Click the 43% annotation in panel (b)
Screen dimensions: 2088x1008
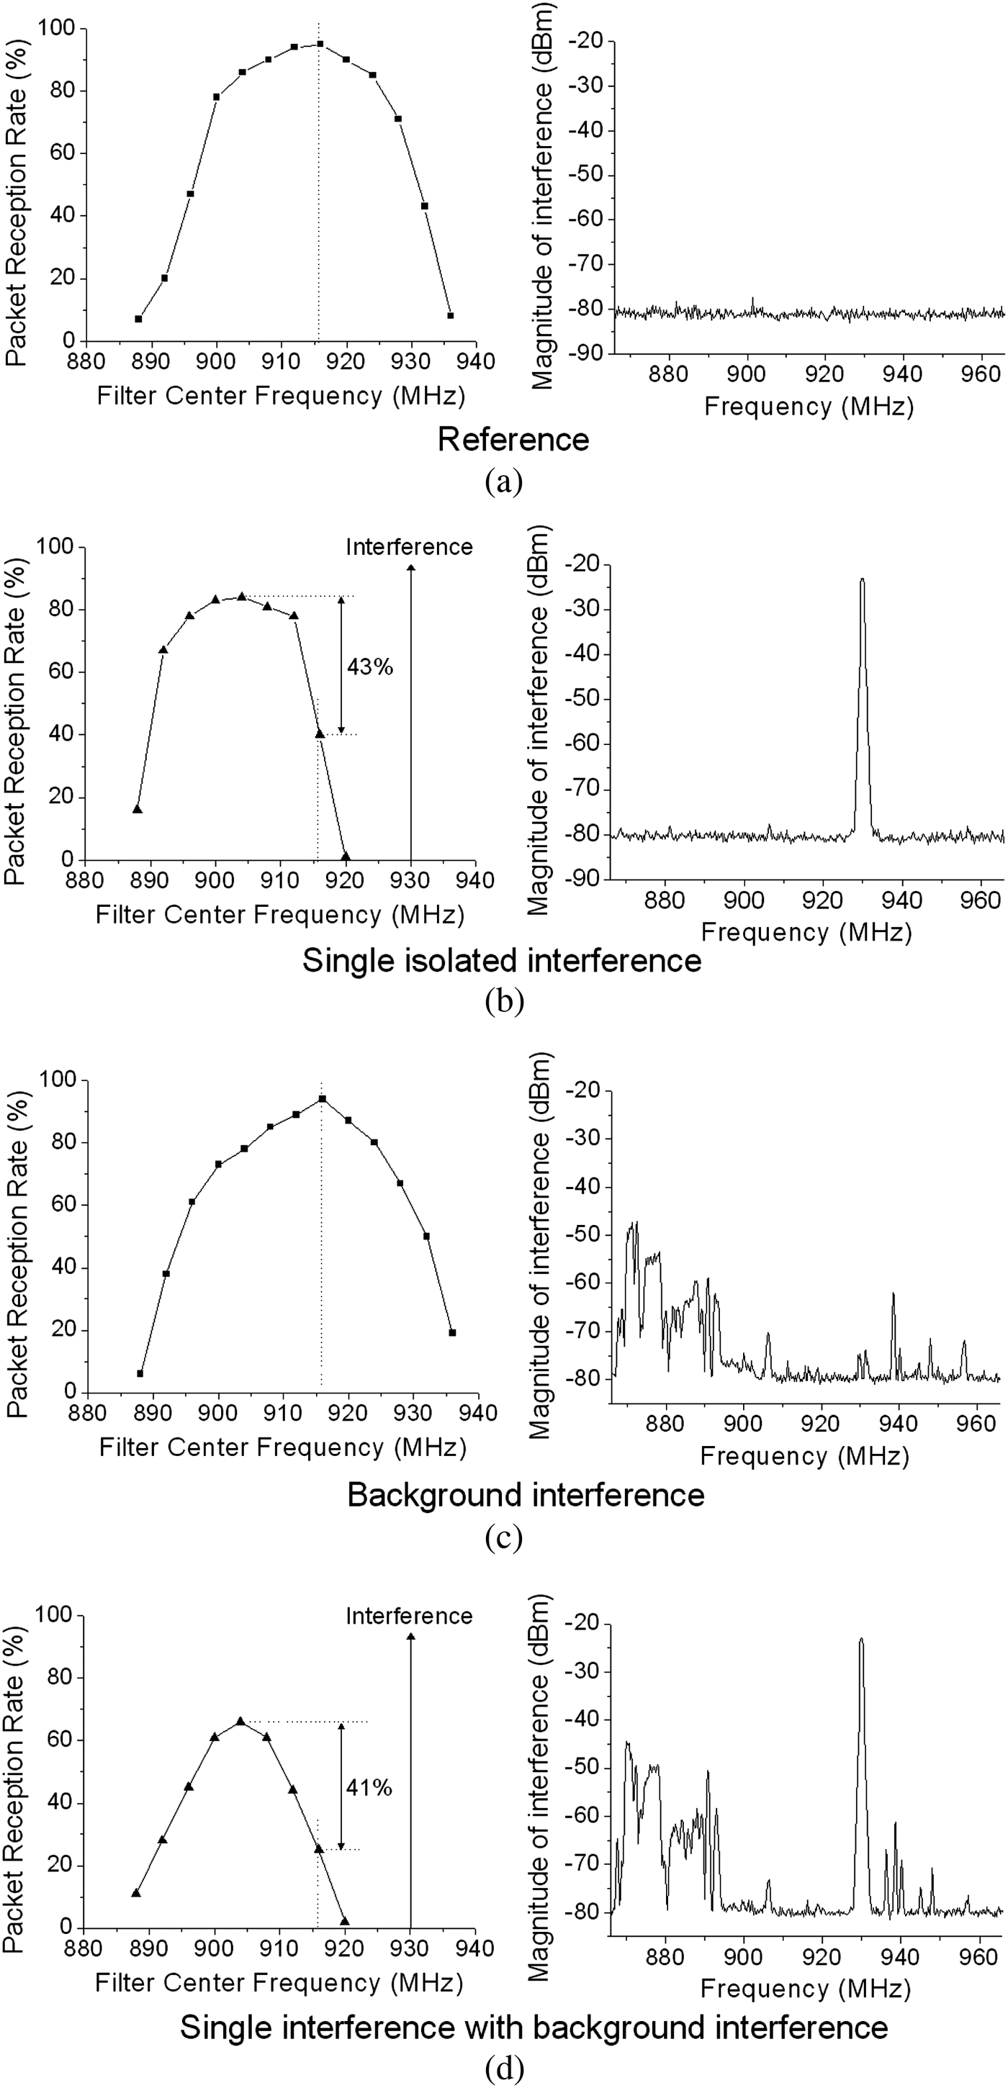pyautogui.click(x=370, y=666)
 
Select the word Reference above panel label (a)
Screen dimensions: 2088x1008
pyautogui.click(x=513, y=439)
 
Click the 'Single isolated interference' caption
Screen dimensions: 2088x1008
pyautogui.click(x=502, y=961)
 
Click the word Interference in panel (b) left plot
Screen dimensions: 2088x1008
pyautogui.click(x=409, y=547)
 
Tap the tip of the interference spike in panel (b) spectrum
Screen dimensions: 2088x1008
pyautogui.click(x=862, y=579)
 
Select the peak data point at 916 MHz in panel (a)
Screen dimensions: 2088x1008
pyautogui.click(x=320, y=44)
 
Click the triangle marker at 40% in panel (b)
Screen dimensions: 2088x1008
pyautogui.click(x=320, y=733)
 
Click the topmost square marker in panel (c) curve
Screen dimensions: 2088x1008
pyautogui.click(x=322, y=1098)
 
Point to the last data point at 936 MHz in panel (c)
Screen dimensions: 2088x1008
pyautogui.click(x=452, y=1332)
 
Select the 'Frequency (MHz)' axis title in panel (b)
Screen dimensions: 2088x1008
pyautogui.click(x=806, y=932)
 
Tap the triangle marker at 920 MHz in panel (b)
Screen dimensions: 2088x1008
pyautogui.click(x=346, y=856)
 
